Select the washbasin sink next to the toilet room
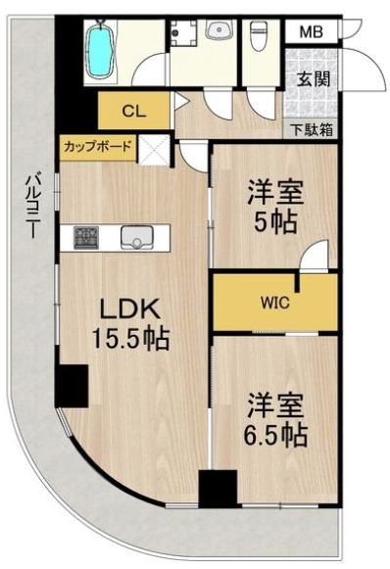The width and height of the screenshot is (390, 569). pyautogui.click(x=219, y=31)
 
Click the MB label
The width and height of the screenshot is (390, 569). pyautogui.click(x=310, y=32)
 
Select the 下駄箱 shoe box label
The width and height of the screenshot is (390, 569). pyautogui.click(x=311, y=128)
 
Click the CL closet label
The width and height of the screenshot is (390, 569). pyautogui.click(x=133, y=111)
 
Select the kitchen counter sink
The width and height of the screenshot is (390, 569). pyautogui.click(x=135, y=237)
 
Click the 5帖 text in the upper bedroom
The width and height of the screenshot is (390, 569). pyautogui.click(x=273, y=221)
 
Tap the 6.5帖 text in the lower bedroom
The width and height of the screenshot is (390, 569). pyautogui.click(x=273, y=433)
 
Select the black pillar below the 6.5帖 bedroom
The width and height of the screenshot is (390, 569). pyautogui.click(x=218, y=488)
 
